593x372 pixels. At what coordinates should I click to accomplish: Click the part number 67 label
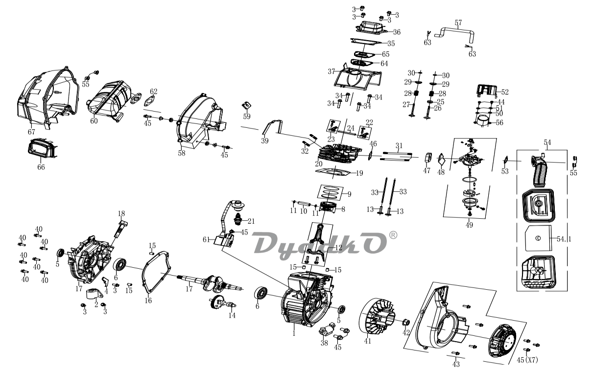point(31,132)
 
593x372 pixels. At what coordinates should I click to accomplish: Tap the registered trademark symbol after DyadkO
point(393,235)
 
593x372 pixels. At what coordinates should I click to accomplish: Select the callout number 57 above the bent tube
point(458,23)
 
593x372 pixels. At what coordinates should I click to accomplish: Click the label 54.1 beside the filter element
point(564,239)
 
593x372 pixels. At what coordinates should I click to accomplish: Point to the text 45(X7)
point(527,360)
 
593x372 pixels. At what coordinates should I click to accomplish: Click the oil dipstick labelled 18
point(120,230)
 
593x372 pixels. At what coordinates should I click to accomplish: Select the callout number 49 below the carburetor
point(469,225)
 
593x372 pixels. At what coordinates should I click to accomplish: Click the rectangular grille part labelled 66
point(42,149)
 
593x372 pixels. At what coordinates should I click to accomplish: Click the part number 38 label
point(324,343)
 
